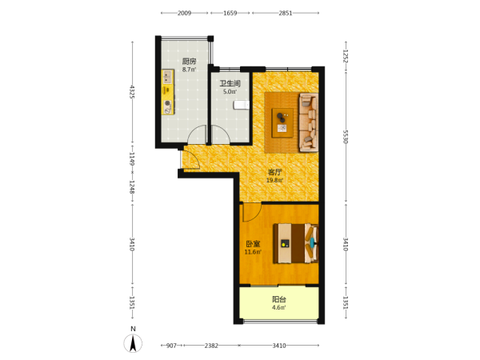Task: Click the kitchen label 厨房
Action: coord(189,62)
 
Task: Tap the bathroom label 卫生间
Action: coord(230,83)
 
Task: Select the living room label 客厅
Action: coord(274,172)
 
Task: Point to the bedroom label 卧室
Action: coord(253,244)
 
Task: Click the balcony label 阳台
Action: coord(279,299)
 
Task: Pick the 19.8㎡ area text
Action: coord(274,180)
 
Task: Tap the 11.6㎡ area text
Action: coord(253,252)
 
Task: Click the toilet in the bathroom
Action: coord(242,105)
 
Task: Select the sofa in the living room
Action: coord(309,122)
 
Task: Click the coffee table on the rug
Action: coord(282,122)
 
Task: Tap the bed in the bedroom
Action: coord(296,243)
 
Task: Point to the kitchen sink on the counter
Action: coord(167,77)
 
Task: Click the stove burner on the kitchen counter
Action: coord(167,103)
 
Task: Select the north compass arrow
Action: coord(133,343)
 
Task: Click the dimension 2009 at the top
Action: coord(184,13)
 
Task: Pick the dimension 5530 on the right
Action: coord(346,137)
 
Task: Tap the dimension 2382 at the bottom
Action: coord(211,346)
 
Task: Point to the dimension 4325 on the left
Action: coord(132,92)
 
